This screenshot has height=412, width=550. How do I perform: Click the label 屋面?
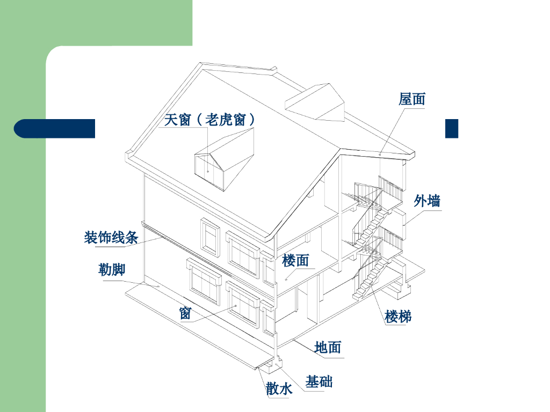[x=412, y=99]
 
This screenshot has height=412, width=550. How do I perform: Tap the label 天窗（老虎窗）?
[x=209, y=119]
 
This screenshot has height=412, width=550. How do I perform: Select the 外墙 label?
[x=428, y=201]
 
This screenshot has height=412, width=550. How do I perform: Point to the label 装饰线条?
[x=111, y=237]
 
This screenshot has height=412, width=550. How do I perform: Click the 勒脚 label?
[x=112, y=269]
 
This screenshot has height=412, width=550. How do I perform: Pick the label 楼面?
[x=295, y=261]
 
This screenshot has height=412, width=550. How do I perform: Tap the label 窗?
[x=185, y=313]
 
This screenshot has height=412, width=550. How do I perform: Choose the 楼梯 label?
[x=398, y=317]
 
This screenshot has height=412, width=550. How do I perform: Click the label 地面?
[x=328, y=348]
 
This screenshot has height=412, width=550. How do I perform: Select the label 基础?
[x=319, y=382]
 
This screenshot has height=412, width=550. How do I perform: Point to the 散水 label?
[x=279, y=388]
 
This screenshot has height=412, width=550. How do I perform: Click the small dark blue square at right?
[x=452, y=128]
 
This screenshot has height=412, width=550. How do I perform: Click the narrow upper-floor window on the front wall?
[x=211, y=236]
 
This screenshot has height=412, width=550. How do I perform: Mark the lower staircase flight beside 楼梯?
[x=371, y=279]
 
